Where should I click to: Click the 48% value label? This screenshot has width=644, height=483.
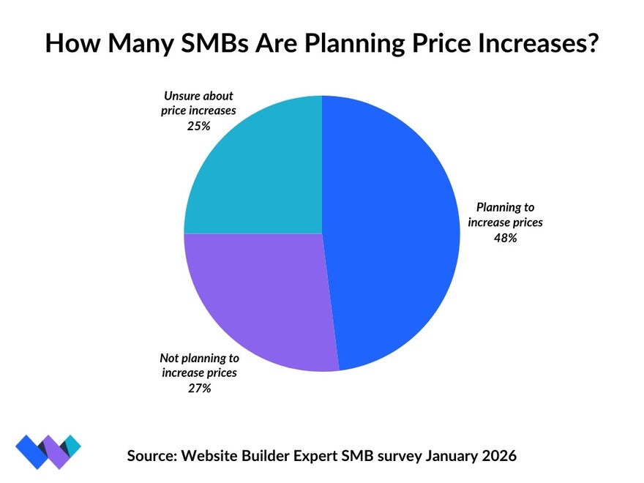505,237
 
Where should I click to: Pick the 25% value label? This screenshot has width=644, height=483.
198,126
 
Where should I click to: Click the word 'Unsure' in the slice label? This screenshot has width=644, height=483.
178,97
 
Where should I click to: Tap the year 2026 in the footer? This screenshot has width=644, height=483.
497,455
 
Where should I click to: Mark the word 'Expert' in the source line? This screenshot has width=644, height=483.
325,455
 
